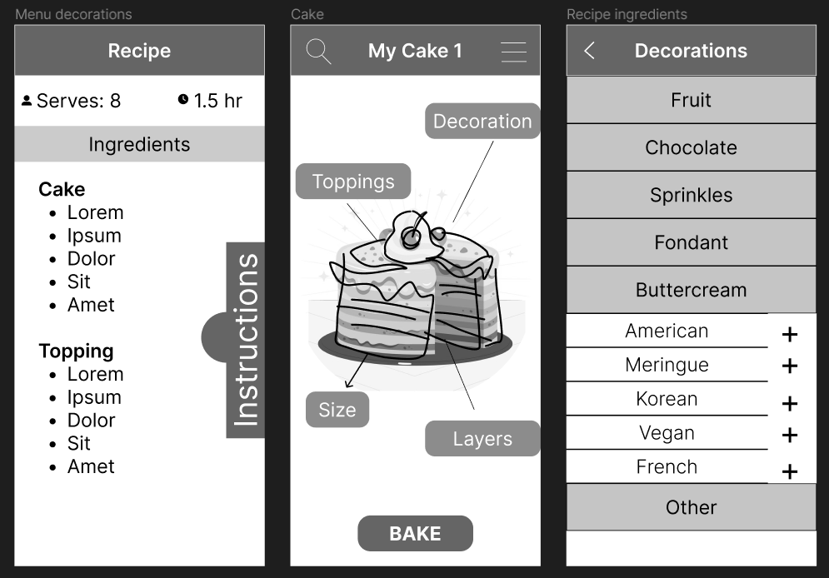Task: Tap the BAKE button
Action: click(415, 533)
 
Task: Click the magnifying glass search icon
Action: click(318, 52)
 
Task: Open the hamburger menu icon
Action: click(513, 52)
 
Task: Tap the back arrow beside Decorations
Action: click(590, 51)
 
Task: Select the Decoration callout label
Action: click(482, 121)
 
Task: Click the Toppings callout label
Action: click(353, 182)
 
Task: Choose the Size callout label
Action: click(337, 410)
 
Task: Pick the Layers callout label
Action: click(482, 439)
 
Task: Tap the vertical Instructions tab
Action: click(245, 340)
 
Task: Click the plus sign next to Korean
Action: click(789, 404)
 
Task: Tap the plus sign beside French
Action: click(789, 471)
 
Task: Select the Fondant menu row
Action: click(691, 242)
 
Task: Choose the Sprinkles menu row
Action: click(691, 195)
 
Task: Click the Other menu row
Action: click(691, 507)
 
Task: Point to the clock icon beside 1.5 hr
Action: click(183, 99)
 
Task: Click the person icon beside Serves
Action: click(27, 101)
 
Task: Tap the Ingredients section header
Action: click(140, 144)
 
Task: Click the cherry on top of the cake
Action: click(411, 237)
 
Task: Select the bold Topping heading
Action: click(76, 351)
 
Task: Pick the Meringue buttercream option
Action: click(667, 365)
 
